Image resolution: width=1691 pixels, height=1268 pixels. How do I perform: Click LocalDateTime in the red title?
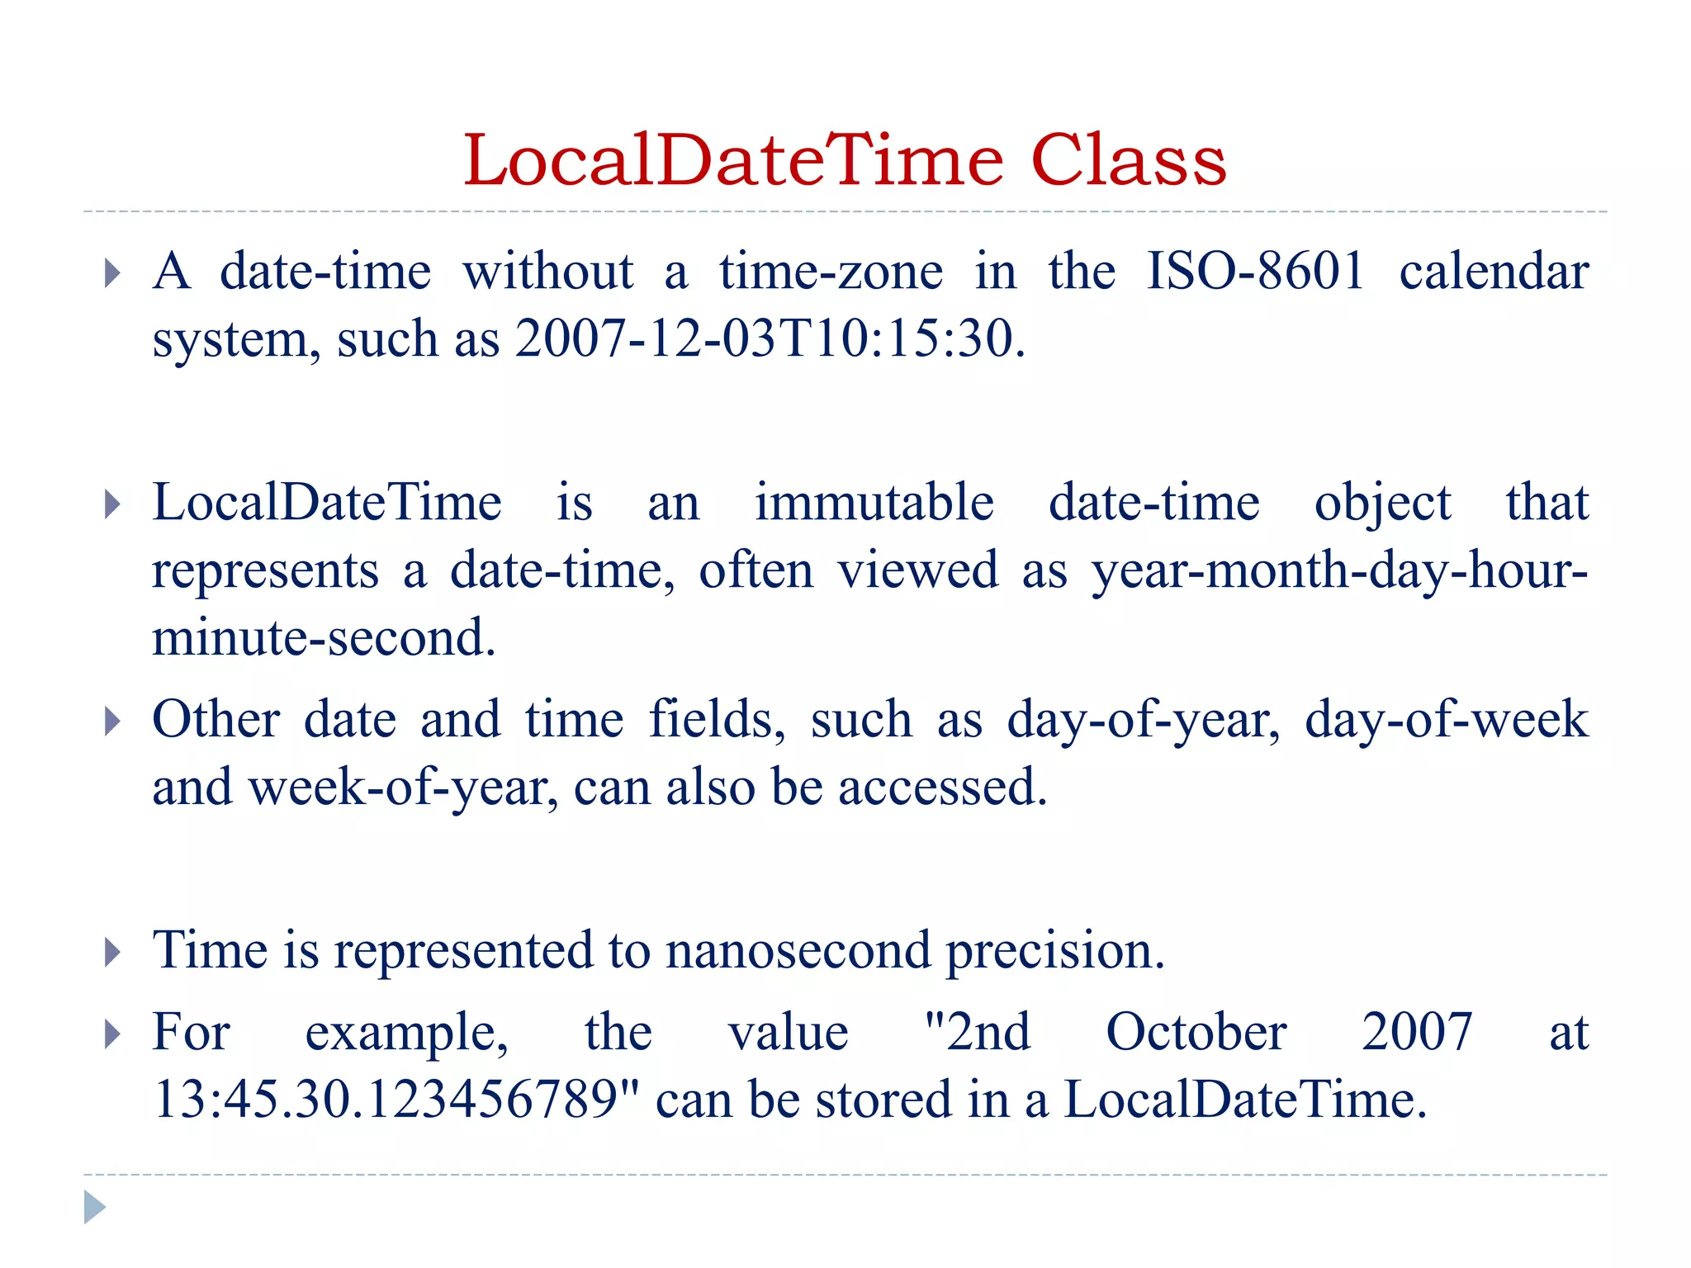(733, 160)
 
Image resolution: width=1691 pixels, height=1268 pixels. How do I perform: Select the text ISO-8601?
(1256, 271)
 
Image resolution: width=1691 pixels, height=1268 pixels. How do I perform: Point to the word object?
(1382, 504)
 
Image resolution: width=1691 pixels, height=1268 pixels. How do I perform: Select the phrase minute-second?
(324, 637)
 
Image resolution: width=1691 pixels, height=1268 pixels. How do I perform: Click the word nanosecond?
(798, 949)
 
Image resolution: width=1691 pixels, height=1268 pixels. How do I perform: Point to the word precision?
(1054, 951)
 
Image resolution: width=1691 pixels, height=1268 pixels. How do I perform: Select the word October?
(1196, 1032)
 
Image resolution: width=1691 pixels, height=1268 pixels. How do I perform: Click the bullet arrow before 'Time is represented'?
(112, 952)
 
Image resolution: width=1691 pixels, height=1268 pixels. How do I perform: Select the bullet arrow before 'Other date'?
(112, 721)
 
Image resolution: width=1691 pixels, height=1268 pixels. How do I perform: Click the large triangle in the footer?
(94, 1207)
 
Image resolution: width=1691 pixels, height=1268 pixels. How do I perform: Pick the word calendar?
(1494, 271)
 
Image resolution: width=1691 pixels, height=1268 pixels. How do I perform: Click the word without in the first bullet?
(547, 271)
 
